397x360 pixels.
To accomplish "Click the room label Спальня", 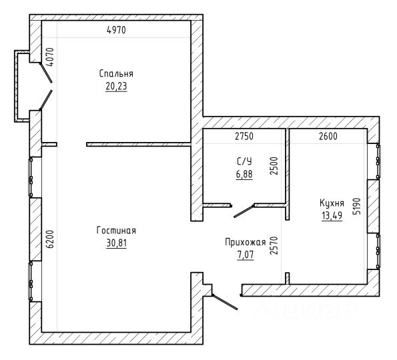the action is (x=116, y=73).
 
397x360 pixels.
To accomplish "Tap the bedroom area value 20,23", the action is (x=116, y=86).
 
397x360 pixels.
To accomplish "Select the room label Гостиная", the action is (x=116, y=231).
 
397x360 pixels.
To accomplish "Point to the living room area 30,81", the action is (x=117, y=243).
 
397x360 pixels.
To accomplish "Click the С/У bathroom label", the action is (x=244, y=161).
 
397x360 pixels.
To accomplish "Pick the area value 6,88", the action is (x=244, y=174).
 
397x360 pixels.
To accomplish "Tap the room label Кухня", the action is (x=332, y=203).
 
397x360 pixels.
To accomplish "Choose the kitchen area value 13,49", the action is (x=332, y=216).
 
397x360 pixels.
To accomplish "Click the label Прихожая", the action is (x=246, y=242).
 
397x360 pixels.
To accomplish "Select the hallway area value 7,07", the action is (x=246, y=255).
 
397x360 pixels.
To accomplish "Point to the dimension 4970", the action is (x=116, y=30).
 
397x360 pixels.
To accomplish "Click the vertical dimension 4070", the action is (x=51, y=57).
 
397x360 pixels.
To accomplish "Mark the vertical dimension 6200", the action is (x=51, y=239).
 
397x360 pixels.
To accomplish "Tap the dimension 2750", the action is (x=244, y=137).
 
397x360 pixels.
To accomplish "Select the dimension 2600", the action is (x=328, y=137).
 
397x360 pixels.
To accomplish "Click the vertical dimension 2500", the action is (x=274, y=166).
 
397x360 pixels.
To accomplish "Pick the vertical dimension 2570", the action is (x=274, y=245).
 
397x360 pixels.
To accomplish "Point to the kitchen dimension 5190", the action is (x=356, y=206).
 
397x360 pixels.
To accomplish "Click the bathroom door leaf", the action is (x=244, y=211).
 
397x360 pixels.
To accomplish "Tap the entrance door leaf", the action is (x=225, y=302).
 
